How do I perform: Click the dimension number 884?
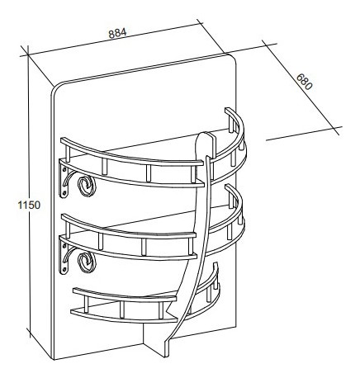(117, 33)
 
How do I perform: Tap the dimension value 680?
(305, 82)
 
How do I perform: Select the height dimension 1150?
(29, 205)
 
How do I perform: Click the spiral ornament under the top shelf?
(86, 186)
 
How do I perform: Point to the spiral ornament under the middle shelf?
(87, 262)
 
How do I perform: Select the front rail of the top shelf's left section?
(131, 154)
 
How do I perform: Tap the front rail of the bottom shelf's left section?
(124, 295)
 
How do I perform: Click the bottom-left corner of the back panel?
(54, 359)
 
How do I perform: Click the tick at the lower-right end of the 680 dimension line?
(336, 131)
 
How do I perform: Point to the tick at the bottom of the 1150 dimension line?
(28, 333)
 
